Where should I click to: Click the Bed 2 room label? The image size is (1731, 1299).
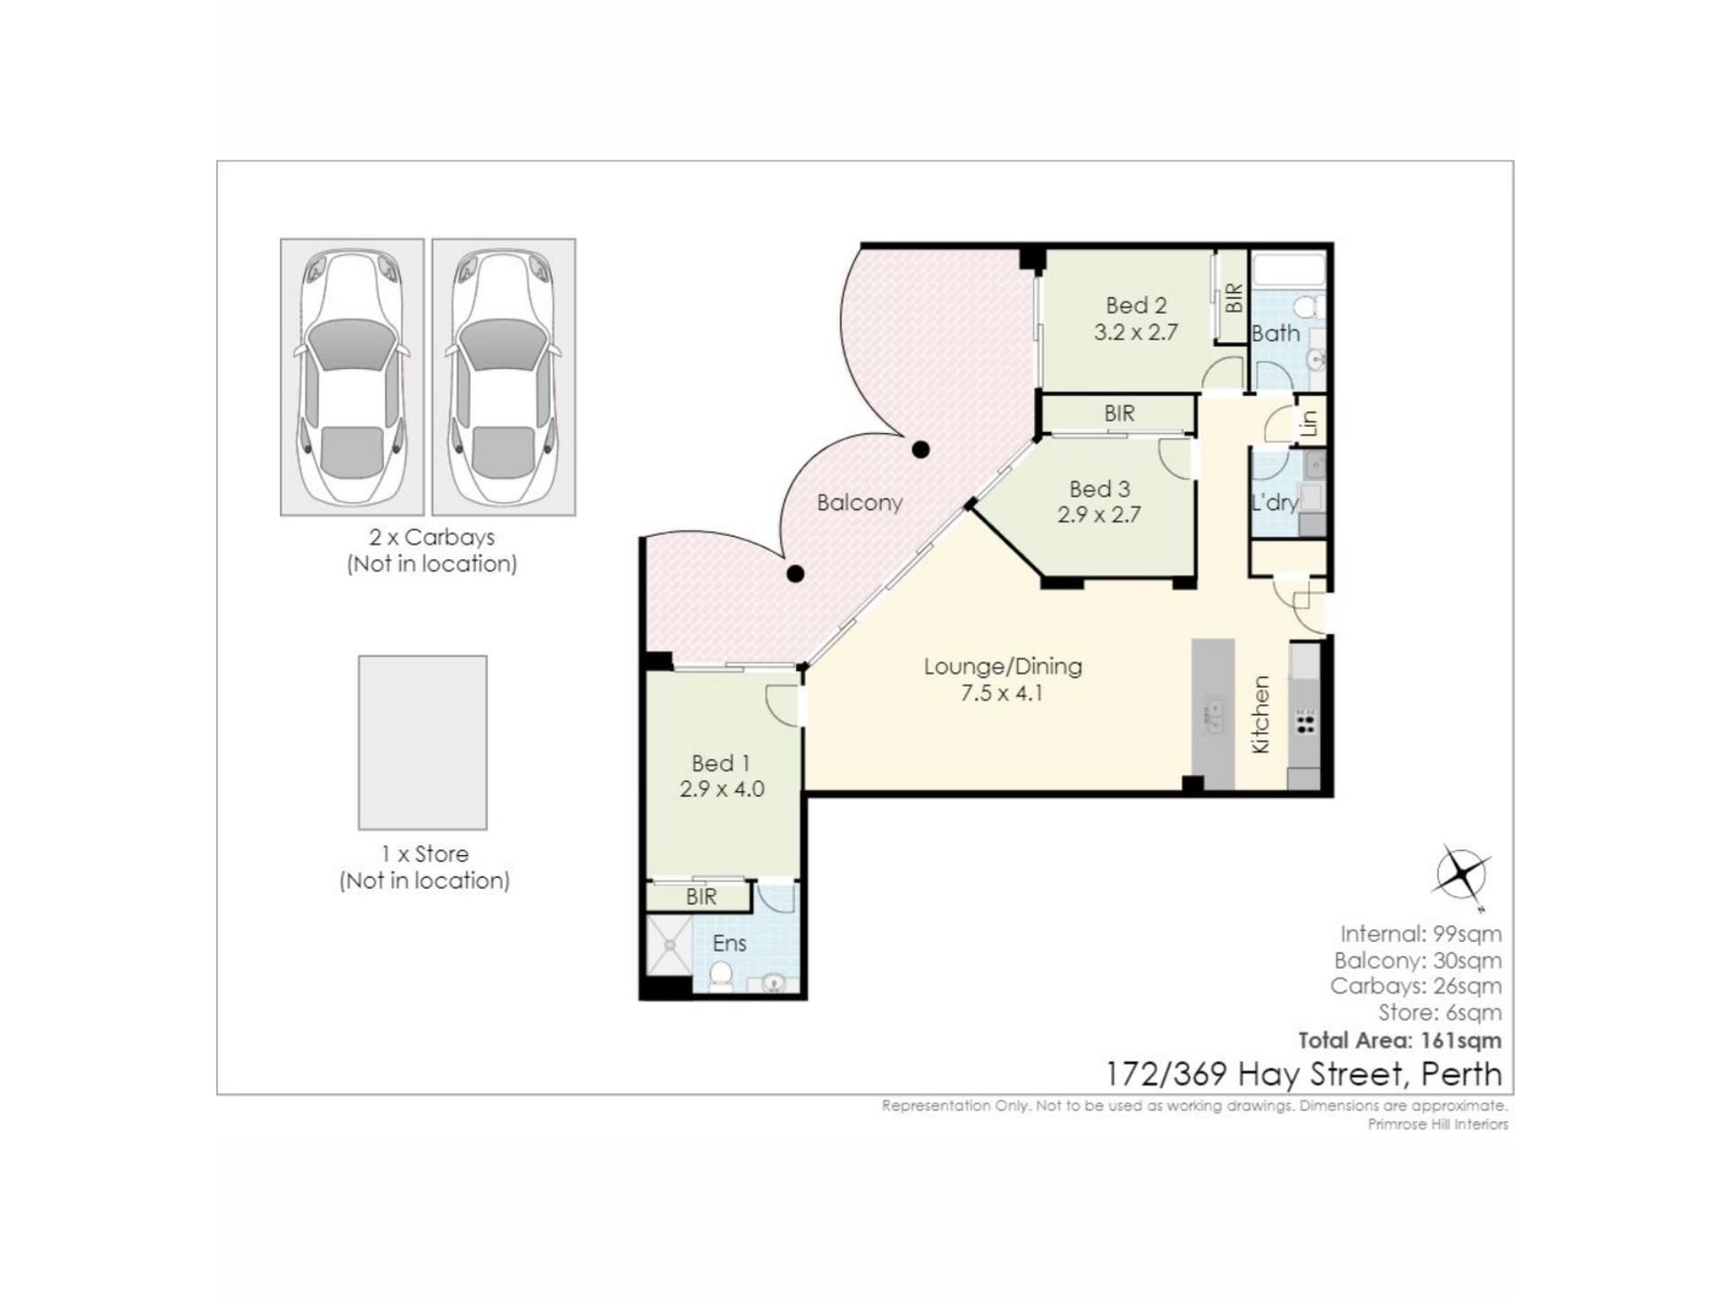click(1136, 306)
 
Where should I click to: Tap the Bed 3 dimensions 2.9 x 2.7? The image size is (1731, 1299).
click(1099, 515)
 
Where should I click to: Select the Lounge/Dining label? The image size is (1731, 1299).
click(1003, 667)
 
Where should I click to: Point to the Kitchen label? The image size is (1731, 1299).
click(1260, 714)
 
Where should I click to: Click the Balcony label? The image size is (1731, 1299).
click(859, 502)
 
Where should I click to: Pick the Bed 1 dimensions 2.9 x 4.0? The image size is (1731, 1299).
click(721, 789)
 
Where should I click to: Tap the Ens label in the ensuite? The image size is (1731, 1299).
click(729, 944)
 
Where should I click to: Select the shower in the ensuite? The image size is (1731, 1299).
click(670, 944)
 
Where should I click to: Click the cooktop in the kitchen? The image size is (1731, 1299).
click(1305, 721)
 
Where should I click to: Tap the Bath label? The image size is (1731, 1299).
click(1276, 334)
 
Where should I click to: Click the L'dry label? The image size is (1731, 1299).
click(1274, 502)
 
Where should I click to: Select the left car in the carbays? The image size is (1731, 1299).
click(352, 377)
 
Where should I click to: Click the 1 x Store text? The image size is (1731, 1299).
click(425, 853)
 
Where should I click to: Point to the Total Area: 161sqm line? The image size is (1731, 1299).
click(1399, 1040)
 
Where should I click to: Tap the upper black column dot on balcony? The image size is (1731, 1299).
click(920, 449)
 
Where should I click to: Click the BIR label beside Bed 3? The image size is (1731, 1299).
click(1119, 414)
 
